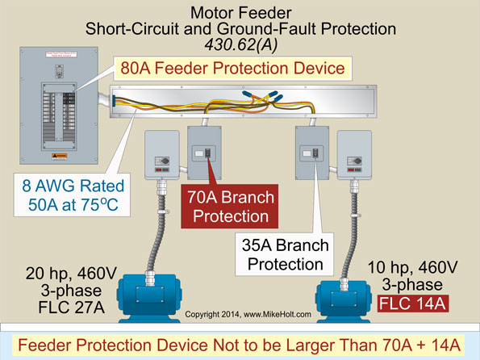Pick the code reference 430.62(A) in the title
[x=240, y=44]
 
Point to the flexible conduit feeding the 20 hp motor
[x=157, y=234]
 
